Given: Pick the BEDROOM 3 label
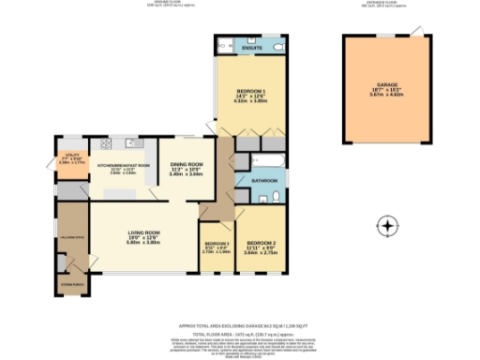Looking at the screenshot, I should coord(217,243).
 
